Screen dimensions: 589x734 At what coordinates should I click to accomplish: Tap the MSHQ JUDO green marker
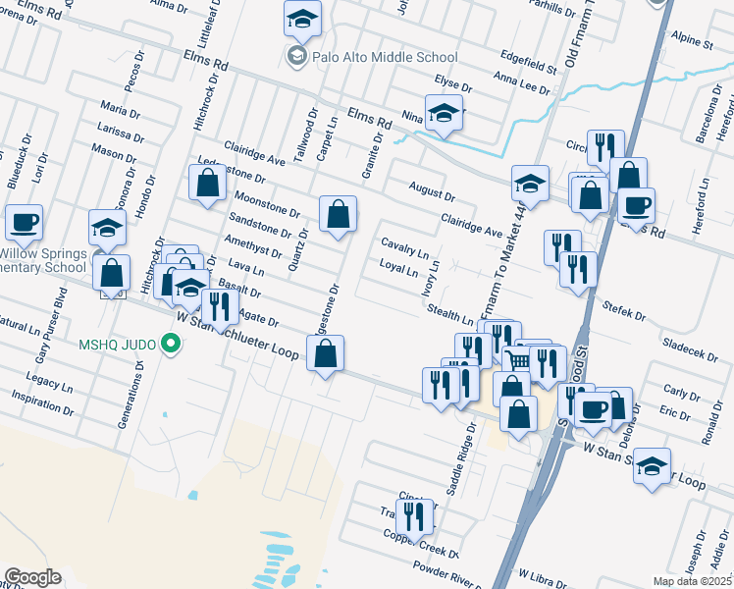pyautogui.click(x=172, y=344)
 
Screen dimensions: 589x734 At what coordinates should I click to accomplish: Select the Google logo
pyautogui.click(x=32, y=577)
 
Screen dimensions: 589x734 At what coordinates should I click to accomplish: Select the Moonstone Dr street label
pyautogui.click(x=267, y=205)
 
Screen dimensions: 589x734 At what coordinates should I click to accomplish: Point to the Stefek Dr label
pyautogui.click(x=624, y=311)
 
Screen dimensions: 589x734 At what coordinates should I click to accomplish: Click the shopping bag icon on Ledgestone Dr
pyautogui.click(x=326, y=353)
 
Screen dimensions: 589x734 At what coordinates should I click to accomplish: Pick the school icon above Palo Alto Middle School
pyautogui.click(x=302, y=18)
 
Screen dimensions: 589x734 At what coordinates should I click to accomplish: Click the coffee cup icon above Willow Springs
pyautogui.click(x=24, y=221)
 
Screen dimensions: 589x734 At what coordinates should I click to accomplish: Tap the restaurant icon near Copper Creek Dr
pyautogui.click(x=413, y=513)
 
